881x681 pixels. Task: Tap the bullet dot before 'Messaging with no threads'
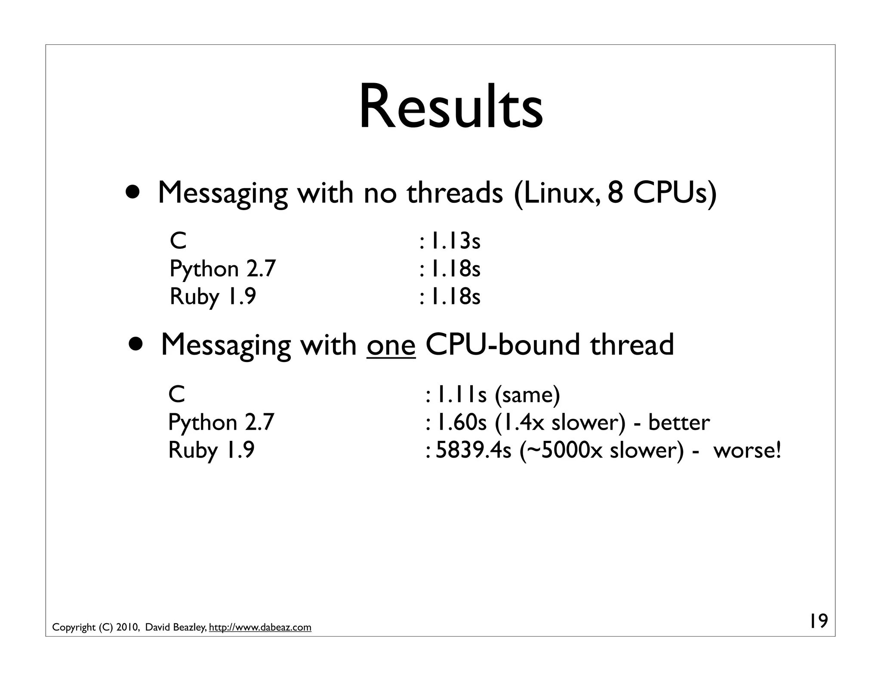pyautogui.click(x=132, y=192)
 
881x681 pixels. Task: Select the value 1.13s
pyautogui.click(x=455, y=241)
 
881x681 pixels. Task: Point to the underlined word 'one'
pyautogui.click(x=391, y=345)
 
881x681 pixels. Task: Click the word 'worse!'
pyautogui.click(x=747, y=451)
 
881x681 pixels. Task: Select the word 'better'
pyautogui.click(x=679, y=423)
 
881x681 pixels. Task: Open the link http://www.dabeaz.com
pyautogui.click(x=260, y=628)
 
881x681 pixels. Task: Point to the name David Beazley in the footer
pyautogui.click(x=176, y=628)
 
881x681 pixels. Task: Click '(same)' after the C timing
pyautogui.click(x=527, y=395)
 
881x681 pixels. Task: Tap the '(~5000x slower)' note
pyautogui.click(x=602, y=451)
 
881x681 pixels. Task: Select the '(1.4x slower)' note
pyautogui.click(x=560, y=423)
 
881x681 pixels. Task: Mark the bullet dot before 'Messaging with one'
pyautogui.click(x=136, y=344)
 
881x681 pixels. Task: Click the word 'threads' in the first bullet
pyautogui.click(x=455, y=192)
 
